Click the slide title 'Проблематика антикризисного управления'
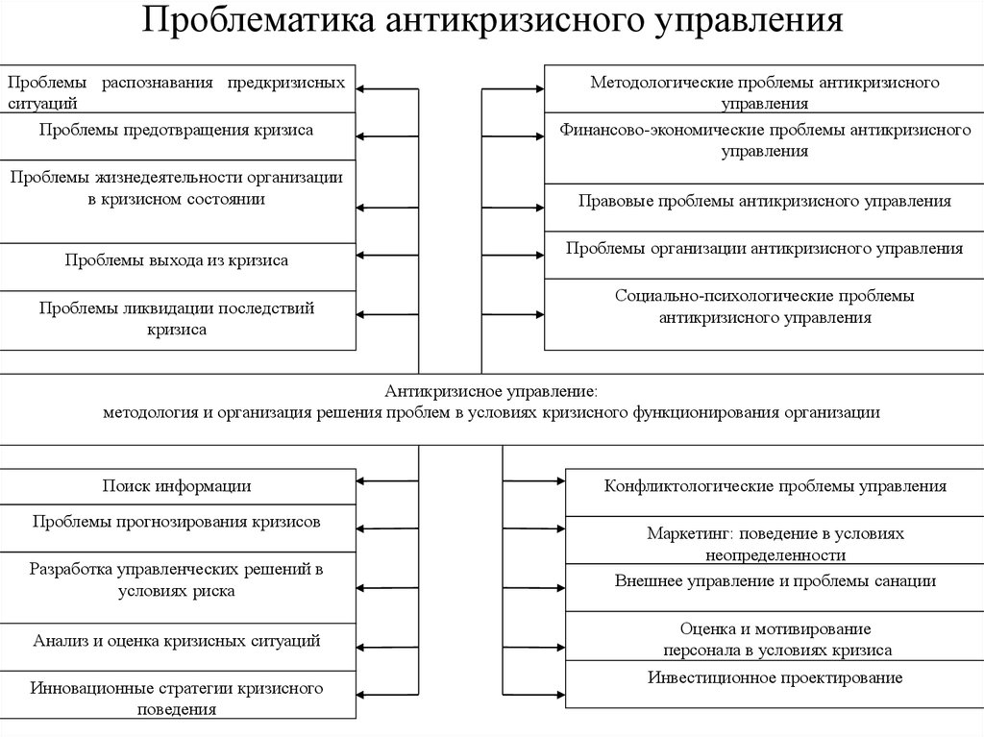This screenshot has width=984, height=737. tap(493, 21)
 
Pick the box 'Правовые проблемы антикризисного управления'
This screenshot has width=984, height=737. tap(764, 202)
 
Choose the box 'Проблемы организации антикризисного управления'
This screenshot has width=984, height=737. tap(764, 248)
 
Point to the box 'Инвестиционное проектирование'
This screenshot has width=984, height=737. tap(774, 678)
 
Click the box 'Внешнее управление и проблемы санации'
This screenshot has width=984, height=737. tap(774, 580)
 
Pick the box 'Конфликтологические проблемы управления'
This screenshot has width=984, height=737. tap(774, 486)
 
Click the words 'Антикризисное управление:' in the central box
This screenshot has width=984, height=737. tap(491, 391)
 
